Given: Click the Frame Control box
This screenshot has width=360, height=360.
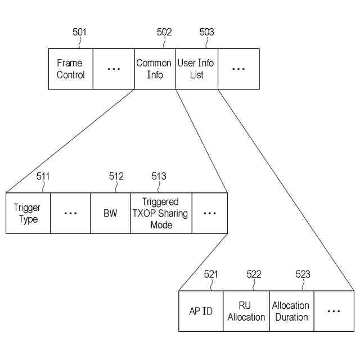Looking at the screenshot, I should point(70,69).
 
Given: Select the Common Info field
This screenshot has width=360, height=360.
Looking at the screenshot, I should point(155,69).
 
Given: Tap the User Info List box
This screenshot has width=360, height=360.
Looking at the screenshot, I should point(196,69).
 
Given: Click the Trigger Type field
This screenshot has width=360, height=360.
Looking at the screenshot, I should point(28,213).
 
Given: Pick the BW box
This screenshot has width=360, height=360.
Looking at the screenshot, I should point(110,213).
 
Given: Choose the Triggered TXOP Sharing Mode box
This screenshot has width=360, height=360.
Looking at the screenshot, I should point(161,213).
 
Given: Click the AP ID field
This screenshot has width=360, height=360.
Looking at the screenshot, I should point(201,311).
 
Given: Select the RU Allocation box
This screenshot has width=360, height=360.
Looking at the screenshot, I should point(246,311).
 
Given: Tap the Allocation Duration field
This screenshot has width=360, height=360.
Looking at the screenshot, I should point(291,311).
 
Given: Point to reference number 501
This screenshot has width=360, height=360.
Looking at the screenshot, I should point(80,32).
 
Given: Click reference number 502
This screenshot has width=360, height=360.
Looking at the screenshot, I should point(164,32).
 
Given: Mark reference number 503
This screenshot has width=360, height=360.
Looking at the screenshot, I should point(206,32).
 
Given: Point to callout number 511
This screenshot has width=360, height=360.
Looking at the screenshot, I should point(43,177).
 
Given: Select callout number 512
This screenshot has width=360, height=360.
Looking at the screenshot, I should point(116,177).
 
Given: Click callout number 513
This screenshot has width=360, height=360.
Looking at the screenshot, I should point(159,177).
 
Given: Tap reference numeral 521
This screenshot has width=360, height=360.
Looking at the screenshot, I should point(211,274).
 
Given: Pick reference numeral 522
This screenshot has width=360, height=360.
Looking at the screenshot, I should point(254,274).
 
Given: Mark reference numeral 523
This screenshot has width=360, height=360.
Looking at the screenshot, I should point(303,274).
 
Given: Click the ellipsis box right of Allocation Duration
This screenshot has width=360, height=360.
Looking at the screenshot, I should point(334,311).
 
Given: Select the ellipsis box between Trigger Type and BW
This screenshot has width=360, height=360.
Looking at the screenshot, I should point(70,213).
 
